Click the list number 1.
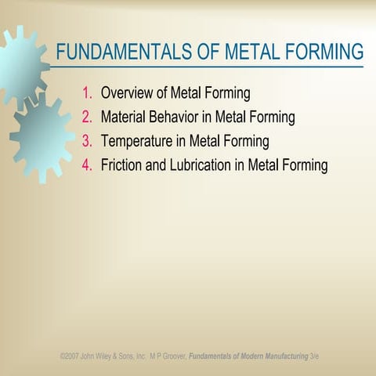87,94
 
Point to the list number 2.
87,117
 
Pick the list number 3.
87,142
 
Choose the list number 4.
87,165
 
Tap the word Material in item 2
125,117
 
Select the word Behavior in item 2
180,117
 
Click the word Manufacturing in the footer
280,356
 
